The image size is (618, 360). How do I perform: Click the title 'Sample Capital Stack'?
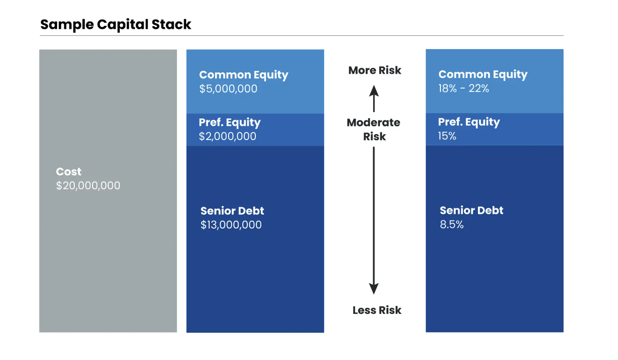point(116,25)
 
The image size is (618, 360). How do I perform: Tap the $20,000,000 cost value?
point(88,186)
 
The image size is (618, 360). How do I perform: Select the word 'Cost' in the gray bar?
point(68,171)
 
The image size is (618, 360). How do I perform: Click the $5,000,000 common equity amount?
point(228,89)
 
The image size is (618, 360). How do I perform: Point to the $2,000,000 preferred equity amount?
point(228,137)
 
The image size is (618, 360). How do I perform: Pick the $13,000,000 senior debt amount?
point(231,225)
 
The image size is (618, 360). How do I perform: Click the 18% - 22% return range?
point(463,88)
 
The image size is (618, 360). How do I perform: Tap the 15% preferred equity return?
point(447,136)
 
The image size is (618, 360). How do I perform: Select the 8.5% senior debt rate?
point(452,224)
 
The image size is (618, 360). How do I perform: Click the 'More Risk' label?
point(375,70)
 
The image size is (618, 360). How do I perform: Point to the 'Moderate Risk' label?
point(374,129)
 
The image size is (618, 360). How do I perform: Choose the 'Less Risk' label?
point(377,310)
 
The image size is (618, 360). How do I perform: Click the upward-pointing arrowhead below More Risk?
point(374,91)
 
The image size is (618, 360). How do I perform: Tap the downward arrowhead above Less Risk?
point(374,289)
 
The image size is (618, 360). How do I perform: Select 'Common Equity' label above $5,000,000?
point(244,75)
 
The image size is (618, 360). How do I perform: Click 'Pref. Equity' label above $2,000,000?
point(230,122)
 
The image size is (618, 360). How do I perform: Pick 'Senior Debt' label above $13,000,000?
point(232,211)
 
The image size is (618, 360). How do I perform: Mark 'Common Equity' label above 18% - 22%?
point(483,74)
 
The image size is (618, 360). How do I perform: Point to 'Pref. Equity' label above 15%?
point(469,122)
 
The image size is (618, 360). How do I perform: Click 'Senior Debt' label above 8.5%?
point(471,210)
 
